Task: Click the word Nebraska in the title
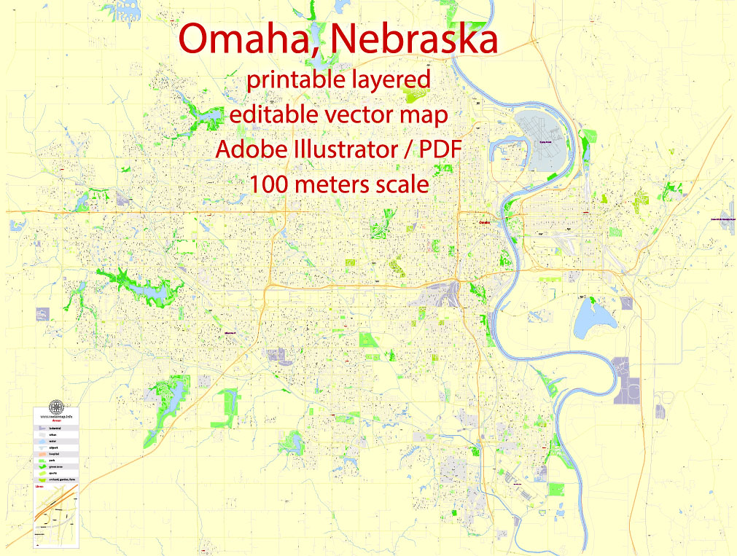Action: [x=413, y=39]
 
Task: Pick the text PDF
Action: [x=442, y=149]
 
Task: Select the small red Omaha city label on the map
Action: [x=483, y=222]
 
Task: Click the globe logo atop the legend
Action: [x=55, y=407]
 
